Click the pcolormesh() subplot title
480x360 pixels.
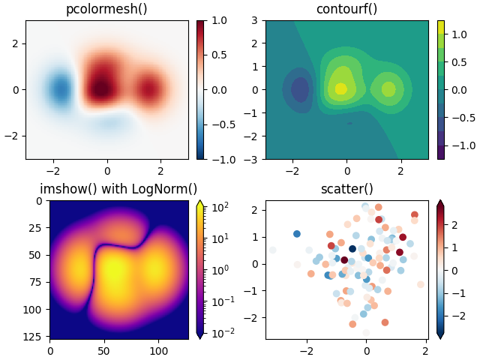[106, 10]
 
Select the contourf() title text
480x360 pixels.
[346, 10]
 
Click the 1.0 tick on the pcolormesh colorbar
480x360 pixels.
[218, 20]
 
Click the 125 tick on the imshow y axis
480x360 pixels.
[34, 336]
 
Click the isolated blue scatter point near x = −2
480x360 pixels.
[297, 234]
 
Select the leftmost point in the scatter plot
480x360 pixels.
[272, 250]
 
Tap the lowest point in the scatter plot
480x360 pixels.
[366, 332]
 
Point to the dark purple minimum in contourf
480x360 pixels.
[300, 90]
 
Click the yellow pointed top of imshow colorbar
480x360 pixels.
[201, 203]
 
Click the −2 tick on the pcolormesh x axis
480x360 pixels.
[53, 170]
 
